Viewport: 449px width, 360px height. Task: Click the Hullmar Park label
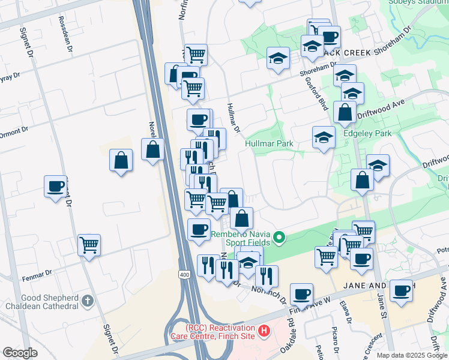[268, 144]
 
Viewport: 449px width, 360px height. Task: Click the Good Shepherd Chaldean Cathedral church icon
[88, 300]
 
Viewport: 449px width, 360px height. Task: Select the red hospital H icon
[263, 331]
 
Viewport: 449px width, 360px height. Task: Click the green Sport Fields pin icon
[279, 239]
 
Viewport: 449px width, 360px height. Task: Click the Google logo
[20, 353]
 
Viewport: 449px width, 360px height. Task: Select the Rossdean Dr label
[65, 25]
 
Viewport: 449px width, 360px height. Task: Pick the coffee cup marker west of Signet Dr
[55, 186]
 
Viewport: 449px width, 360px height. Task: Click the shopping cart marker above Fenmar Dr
[89, 245]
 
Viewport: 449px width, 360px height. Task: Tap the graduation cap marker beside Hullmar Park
[324, 137]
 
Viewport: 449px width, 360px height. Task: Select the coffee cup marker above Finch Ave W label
[301, 294]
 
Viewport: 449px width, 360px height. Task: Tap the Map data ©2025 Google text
[412, 355]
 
